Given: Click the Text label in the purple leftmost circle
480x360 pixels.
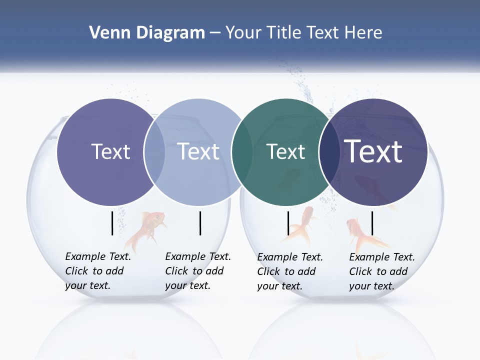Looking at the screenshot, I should point(111,151).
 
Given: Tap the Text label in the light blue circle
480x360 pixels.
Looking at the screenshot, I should point(198,151).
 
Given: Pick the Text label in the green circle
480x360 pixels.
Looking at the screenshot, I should point(285,152).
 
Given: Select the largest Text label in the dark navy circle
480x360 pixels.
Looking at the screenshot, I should point(373,151).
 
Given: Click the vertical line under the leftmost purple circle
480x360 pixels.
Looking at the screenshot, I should point(112,223).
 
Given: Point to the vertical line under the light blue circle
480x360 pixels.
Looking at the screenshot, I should point(200,223).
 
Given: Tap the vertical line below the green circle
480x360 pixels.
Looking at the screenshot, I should point(288,223).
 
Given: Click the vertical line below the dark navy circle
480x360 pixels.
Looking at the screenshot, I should point(372,223).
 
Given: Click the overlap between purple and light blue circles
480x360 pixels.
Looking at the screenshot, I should point(154,152).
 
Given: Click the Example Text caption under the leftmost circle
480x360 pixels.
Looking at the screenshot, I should point(98,271).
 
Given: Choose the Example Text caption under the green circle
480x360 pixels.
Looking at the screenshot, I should point(290,271).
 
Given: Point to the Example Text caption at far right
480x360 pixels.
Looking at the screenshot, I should point(382,271).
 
